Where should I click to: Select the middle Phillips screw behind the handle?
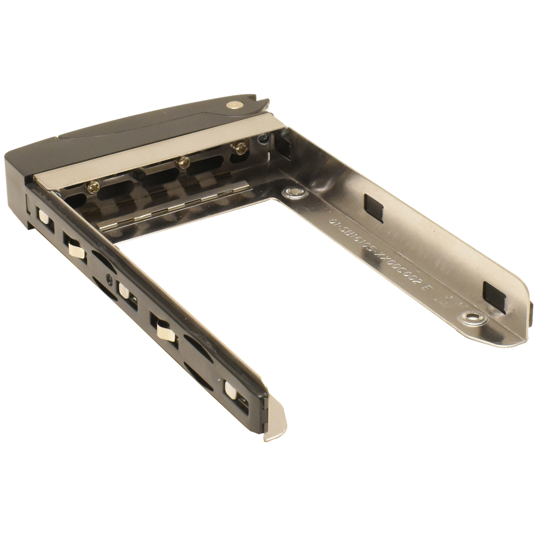click(x=182, y=164)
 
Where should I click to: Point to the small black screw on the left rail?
click(x=109, y=278)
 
